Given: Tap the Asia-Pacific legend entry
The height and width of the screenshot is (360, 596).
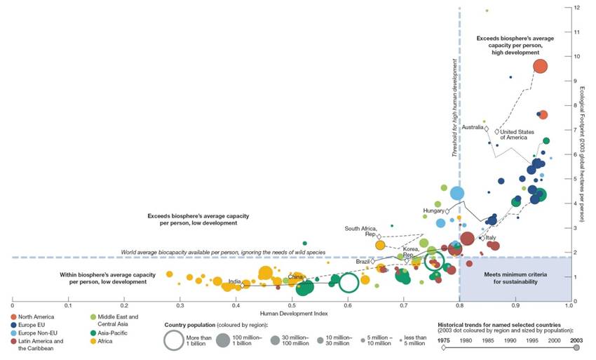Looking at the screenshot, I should pos(111,333).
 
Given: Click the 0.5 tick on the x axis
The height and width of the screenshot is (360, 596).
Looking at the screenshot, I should pos(292,307).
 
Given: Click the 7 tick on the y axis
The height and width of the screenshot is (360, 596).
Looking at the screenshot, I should pos(575,130).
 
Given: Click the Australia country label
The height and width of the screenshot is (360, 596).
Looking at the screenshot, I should pos(473,127).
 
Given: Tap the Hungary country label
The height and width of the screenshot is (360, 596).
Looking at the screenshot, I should pos(435,211).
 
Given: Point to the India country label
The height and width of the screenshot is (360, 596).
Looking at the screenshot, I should pos(234,281).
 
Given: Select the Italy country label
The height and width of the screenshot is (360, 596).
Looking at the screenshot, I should pos(491,238).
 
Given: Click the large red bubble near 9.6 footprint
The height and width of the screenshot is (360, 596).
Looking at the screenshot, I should pos(540,67).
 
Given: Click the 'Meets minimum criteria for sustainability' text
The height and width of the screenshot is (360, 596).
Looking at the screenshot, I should pos(511,278).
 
